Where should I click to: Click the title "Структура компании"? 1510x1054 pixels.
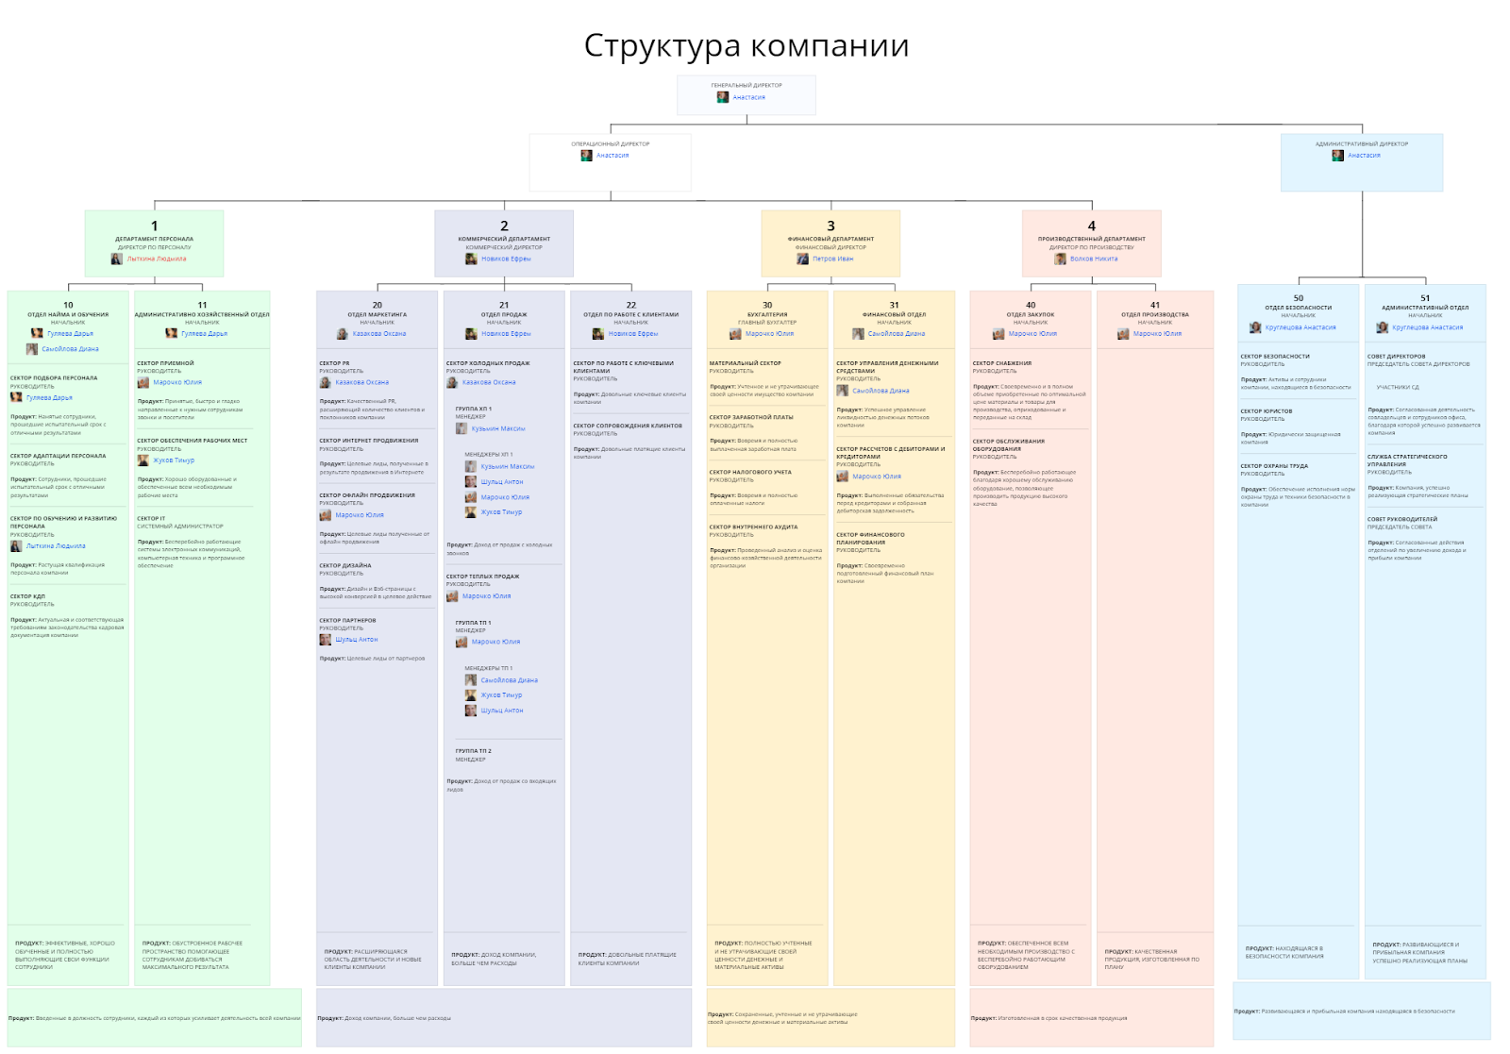746,45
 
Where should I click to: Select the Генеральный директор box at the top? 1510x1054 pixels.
746,94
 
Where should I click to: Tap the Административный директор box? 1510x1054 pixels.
1361,161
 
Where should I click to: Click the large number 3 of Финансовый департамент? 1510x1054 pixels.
830,226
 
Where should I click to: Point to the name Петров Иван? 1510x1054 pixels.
832,259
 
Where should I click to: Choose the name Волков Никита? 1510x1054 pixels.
1093,259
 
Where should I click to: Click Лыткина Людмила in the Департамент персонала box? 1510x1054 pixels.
157,259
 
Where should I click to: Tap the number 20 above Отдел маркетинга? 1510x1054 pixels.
377,305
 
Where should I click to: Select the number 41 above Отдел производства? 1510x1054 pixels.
1154,305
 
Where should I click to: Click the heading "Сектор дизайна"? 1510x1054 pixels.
345,565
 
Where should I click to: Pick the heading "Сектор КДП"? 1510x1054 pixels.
27,596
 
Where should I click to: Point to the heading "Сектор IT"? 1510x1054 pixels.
151,518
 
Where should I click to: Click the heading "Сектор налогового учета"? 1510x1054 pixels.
750,472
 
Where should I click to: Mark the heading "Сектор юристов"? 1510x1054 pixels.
1266,411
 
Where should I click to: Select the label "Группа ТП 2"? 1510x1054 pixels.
473,751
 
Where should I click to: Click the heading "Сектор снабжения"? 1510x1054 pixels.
1001,363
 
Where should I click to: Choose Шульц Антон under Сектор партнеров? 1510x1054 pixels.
356,640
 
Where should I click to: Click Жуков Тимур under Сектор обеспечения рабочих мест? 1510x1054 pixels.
174,460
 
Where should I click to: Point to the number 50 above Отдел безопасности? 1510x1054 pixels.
1298,298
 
